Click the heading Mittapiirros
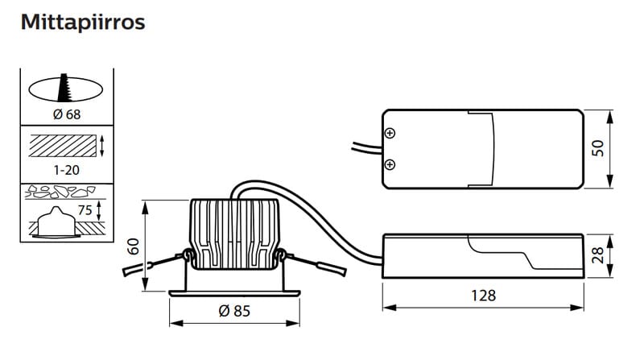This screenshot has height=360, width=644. click(x=83, y=23)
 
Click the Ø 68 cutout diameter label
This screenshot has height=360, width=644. click(x=67, y=114)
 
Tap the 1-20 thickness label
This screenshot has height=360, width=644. click(x=67, y=170)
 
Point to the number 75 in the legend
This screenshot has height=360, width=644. click(x=85, y=210)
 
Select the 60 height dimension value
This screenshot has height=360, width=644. click(x=134, y=246)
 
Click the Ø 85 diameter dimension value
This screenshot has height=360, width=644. click(x=234, y=311)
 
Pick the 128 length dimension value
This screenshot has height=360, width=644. click(x=483, y=295)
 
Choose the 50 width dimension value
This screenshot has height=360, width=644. click(x=598, y=148)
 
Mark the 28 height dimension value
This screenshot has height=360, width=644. click(x=598, y=255)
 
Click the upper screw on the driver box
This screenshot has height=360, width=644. click(x=390, y=133)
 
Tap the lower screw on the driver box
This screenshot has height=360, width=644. click(x=390, y=165)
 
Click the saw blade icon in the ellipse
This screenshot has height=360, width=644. click(x=64, y=88)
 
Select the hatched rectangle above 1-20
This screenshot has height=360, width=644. click(x=63, y=146)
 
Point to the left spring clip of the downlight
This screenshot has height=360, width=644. click(x=156, y=263)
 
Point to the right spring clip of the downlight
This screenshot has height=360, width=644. click(x=312, y=263)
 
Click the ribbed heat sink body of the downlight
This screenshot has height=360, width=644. click(x=234, y=234)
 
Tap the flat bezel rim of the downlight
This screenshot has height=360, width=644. click(x=234, y=293)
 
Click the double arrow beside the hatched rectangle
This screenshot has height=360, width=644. click(x=102, y=146)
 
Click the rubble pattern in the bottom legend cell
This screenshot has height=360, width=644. click(x=60, y=192)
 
